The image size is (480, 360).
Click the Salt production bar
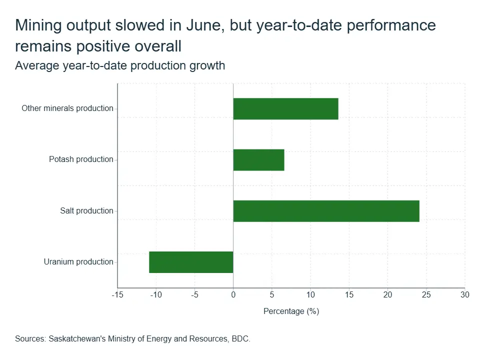tap(326, 211)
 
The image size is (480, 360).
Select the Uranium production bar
tap(191, 262)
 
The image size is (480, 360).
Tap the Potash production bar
tap(258, 160)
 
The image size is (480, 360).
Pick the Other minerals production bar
tap(286, 108)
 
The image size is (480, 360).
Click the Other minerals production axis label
tap(67, 108)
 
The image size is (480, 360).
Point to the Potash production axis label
tap(81, 159)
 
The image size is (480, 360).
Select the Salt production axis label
tap(86, 210)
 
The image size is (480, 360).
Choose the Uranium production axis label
tap(78, 261)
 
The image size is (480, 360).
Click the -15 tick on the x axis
tap(117, 295)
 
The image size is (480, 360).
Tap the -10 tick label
tap(156, 295)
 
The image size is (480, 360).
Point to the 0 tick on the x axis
tap(233, 295)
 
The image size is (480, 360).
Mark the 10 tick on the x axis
tap(310, 295)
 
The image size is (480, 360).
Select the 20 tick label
tap(387, 295)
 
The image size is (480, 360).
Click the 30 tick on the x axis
tap(464, 295)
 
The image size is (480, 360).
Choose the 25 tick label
tap(426, 295)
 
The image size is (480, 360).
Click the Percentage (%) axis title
tap(291, 311)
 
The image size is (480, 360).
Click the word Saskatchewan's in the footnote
tap(77, 339)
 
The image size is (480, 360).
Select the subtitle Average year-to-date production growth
tap(120, 66)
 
